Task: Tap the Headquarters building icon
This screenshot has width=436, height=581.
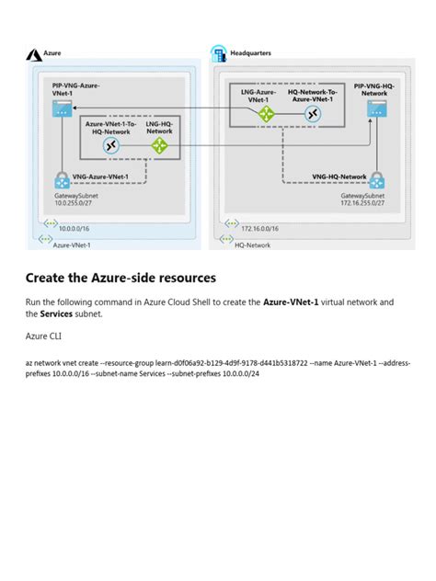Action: (x=219, y=53)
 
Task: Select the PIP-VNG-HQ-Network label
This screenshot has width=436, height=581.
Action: (x=375, y=88)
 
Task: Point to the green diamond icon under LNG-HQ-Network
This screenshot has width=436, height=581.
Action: (x=159, y=145)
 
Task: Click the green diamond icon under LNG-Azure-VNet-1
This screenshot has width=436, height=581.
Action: (x=267, y=114)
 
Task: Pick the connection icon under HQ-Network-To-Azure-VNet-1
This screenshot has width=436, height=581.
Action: (x=314, y=114)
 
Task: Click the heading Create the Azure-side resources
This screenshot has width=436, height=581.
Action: (x=120, y=278)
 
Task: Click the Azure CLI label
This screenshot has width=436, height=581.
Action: (x=44, y=336)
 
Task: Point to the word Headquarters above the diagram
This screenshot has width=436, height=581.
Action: (x=250, y=53)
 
